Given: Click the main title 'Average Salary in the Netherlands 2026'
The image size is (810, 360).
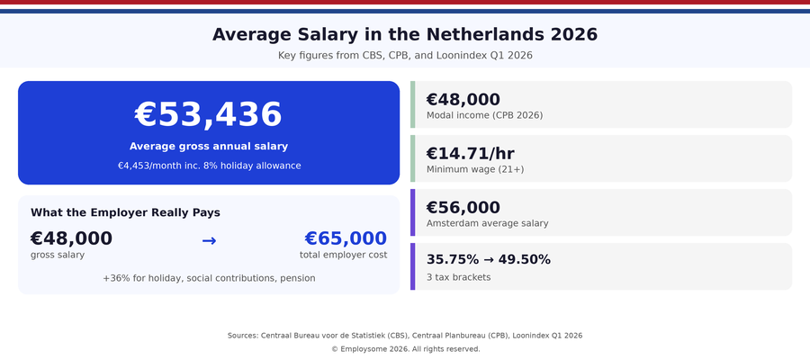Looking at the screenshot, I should [405, 35].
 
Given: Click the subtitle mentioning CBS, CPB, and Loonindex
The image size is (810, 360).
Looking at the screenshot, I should [405, 56].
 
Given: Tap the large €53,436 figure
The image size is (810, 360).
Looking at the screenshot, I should [208, 115].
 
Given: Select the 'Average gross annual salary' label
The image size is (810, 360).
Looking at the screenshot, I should [208, 147].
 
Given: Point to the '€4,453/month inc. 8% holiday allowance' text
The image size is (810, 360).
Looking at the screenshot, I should [208, 166].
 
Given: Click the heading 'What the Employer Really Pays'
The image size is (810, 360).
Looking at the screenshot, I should [125, 212].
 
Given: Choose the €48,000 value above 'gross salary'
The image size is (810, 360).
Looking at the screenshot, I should [71, 238].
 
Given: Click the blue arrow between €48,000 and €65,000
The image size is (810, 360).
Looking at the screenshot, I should [209, 240].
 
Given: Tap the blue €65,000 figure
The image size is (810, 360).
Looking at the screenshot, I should [346, 238].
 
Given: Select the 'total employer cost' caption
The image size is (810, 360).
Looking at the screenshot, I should [343, 255].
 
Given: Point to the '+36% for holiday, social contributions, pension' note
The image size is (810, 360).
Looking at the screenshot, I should [208, 278].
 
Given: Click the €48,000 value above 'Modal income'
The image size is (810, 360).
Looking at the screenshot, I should [463, 100].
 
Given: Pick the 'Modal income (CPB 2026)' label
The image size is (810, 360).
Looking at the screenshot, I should [484, 115].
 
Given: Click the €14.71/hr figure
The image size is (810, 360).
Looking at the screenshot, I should [470, 154].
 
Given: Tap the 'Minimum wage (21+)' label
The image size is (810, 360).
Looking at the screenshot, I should [474, 169].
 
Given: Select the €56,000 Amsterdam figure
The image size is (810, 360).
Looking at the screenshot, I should [463, 208].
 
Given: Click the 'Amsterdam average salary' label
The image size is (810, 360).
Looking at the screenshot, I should [487, 223].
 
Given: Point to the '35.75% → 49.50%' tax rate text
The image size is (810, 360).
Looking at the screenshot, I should [488, 260].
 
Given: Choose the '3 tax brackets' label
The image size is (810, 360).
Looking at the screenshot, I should [458, 277].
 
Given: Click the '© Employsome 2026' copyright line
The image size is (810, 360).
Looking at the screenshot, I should [405, 349].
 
